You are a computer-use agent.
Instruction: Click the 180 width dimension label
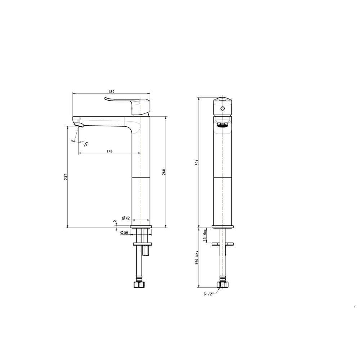point(111,91)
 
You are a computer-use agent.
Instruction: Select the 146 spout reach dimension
point(110,151)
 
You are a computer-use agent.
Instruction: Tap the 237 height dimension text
point(66,177)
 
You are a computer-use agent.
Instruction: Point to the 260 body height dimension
point(164,172)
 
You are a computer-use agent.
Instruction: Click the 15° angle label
point(85,144)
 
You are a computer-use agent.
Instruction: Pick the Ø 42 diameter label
point(126,218)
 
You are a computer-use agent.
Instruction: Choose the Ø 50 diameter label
point(124,233)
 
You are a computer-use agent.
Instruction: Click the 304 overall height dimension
point(197,162)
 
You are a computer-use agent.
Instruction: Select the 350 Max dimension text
point(197,257)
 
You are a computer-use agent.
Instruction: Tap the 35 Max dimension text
point(204,235)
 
